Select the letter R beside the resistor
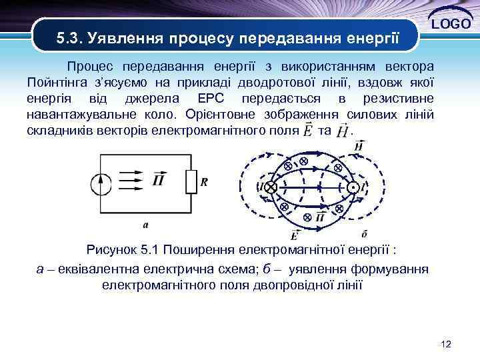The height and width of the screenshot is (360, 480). point(204,181)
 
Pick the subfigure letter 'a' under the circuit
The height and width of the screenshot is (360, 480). point(146,224)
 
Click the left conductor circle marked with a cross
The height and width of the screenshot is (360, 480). point(270,189)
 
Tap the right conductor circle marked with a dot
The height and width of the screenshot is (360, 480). point(352,189)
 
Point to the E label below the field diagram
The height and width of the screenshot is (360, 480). point(294,234)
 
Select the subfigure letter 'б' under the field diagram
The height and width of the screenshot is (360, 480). point(363,233)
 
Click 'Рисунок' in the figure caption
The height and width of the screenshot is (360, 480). point(113,250)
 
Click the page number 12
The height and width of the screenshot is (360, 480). point(446,344)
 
